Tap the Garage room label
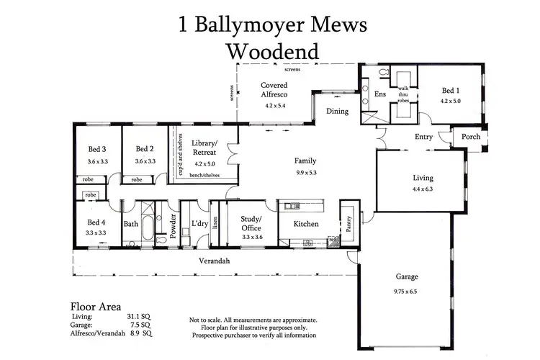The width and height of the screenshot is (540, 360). (407, 276)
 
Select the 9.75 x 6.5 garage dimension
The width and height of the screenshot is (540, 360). (407, 292)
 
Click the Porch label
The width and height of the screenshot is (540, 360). (471, 137)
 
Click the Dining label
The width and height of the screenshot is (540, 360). (337, 112)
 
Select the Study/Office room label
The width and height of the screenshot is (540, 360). (251, 222)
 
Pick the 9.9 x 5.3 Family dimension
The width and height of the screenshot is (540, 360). (305, 173)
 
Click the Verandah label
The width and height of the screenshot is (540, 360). (215, 261)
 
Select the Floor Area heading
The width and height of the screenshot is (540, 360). (96, 305)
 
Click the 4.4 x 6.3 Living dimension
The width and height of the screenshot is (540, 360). (422, 189)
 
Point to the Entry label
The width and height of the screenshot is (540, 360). (423, 137)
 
